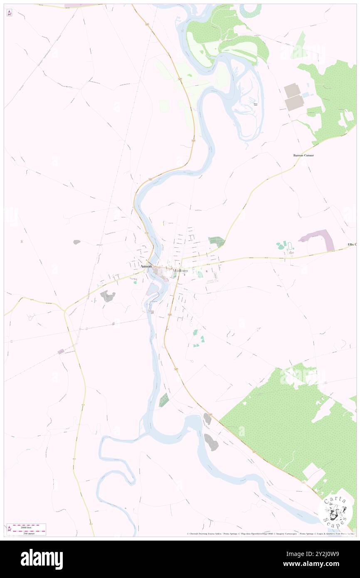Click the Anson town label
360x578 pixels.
pyautogui.click(x=146, y=266)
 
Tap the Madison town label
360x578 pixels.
pyautogui.click(x=180, y=271)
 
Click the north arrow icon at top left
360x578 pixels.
pyautogui.click(x=9, y=13)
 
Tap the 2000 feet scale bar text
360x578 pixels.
pyautogui.click(x=29, y=526)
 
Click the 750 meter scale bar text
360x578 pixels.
pyautogui.click(x=29, y=533)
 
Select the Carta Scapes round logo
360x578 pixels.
pyautogui.click(x=334, y=509)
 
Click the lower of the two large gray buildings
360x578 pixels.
pyautogui.click(x=295, y=103)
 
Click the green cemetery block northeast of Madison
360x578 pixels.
pyautogui.click(x=216, y=241)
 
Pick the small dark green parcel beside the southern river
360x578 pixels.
pyautogui.click(x=164, y=400)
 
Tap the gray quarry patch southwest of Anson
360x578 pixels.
pyautogui.click(x=108, y=296)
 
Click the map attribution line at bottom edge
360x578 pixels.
pyautogui.click(x=270, y=534)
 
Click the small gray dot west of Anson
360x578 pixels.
pyautogui.click(x=76, y=242)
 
